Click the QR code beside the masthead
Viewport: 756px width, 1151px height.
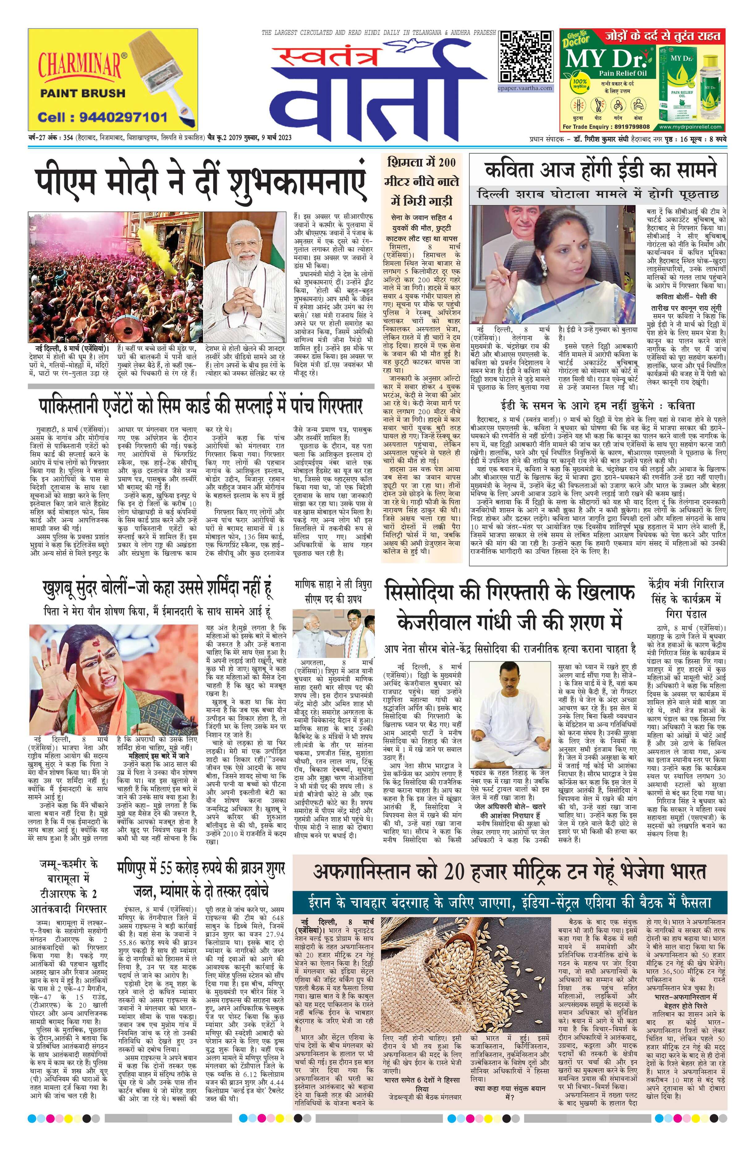526,57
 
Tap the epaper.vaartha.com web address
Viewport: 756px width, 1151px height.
526,88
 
